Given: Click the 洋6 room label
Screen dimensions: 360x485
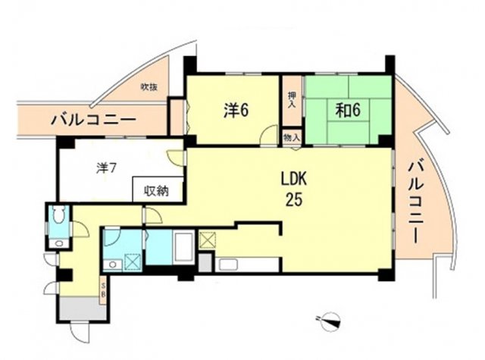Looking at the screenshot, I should pyautogui.click(x=236, y=111).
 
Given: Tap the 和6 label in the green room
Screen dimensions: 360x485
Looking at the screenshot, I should pyautogui.click(x=348, y=111).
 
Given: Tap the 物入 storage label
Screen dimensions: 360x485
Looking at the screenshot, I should pyautogui.click(x=291, y=136).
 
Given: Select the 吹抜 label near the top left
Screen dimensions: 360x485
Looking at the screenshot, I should pyautogui.click(x=149, y=88).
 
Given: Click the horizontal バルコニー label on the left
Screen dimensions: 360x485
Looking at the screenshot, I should pyautogui.click(x=93, y=120).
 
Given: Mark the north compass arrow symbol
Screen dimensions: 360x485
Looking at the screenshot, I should pyautogui.click(x=330, y=321).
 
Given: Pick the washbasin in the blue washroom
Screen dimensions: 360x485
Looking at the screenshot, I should pyautogui.click(x=111, y=264).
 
